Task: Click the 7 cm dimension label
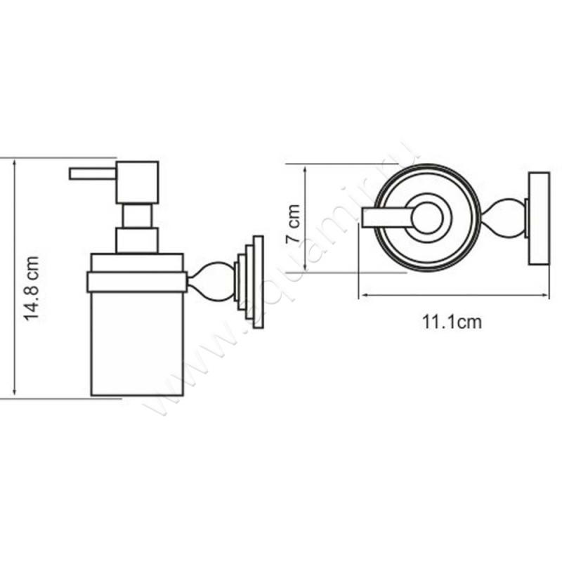click(294, 223)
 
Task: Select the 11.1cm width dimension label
click(452, 322)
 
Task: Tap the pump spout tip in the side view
click(73, 174)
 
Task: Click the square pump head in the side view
click(138, 183)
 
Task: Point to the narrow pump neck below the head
click(138, 216)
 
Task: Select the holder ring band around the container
click(136, 282)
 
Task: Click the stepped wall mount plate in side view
click(251, 282)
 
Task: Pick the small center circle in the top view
click(427, 218)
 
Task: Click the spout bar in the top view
click(386, 218)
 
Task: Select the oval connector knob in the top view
click(504, 218)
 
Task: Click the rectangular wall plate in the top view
click(539, 218)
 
